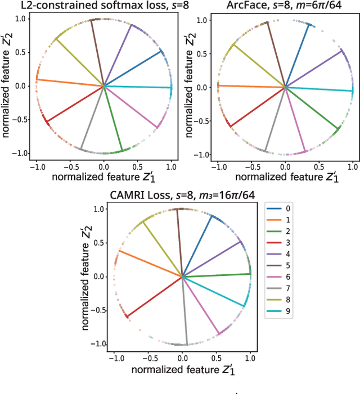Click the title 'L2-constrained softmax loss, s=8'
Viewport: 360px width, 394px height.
point(91,6)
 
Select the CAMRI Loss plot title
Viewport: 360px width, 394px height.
point(181,196)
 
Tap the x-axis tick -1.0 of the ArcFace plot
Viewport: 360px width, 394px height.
point(217,167)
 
